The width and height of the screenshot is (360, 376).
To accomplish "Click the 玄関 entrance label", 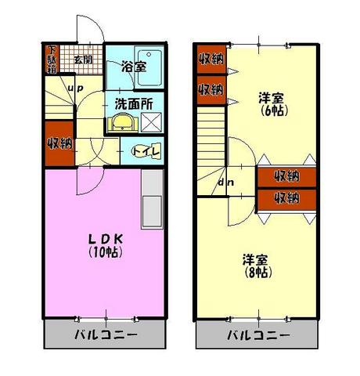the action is pyautogui.click(x=83, y=60).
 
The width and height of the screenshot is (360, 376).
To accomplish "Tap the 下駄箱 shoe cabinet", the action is pyautogui.click(x=52, y=60).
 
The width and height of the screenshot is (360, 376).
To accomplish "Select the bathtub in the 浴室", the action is pyautogui.click(x=149, y=68).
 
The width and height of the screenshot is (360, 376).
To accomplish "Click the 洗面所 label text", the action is pyautogui.click(x=134, y=104).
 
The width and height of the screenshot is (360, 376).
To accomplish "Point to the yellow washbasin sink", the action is pyautogui.click(x=123, y=122).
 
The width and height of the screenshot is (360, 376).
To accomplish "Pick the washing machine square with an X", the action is pyautogui.click(x=151, y=122).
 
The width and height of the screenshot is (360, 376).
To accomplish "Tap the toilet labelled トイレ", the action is pyautogui.click(x=146, y=151).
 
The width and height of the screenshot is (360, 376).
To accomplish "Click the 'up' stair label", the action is pyautogui.click(x=75, y=88).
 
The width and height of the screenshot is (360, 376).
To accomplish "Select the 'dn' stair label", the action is pyautogui.click(x=226, y=183).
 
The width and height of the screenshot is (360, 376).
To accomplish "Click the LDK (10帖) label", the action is pyautogui.click(x=106, y=245).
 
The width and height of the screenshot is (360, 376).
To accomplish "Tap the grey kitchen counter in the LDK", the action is pyautogui.click(x=153, y=200).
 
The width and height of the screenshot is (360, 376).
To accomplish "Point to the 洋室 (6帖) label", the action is pyautogui.click(x=272, y=104).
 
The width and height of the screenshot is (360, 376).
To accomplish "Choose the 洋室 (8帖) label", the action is pyautogui.click(x=257, y=266).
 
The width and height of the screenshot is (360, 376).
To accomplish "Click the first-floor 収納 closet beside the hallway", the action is pyautogui.click(x=59, y=143).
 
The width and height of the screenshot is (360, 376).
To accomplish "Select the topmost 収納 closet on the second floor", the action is pyautogui.click(x=211, y=60).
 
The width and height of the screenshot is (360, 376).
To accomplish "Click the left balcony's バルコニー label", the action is pyautogui.click(x=106, y=334).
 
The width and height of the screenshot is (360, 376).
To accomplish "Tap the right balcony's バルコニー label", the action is pyautogui.click(x=258, y=334).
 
